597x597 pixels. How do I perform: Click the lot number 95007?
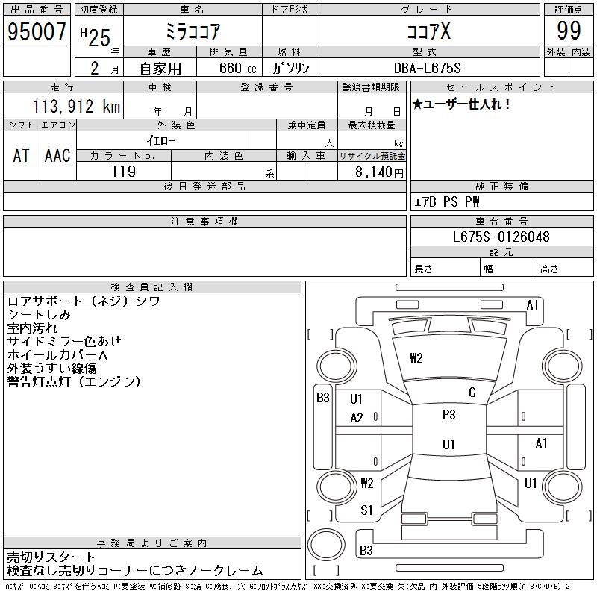point(37,31)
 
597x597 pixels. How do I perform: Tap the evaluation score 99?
point(569,31)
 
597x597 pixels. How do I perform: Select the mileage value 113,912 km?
point(76,106)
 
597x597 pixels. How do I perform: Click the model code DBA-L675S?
point(427,68)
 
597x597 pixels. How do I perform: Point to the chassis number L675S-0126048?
point(501,237)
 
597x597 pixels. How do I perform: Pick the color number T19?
point(123,172)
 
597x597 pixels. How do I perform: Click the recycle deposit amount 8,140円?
point(379,172)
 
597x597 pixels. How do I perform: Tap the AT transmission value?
point(22,155)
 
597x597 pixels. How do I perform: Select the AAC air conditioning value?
point(57,155)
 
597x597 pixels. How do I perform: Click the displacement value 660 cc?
point(237,68)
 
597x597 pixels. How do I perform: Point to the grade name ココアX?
point(428,31)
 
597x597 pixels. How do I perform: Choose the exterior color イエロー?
point(160,141)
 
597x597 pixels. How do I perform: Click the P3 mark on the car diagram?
point(449,414)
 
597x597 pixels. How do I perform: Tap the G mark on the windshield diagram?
point(472,392)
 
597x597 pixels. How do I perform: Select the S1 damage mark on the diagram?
point(366,510)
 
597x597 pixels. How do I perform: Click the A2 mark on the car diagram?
point(357,418)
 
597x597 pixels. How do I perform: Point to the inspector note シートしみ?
point(40,314)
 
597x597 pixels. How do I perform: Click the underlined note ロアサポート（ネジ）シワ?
point(84,301)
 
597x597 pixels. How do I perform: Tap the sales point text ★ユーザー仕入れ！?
point(461,104)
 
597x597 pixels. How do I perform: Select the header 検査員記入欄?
point(151,287)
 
